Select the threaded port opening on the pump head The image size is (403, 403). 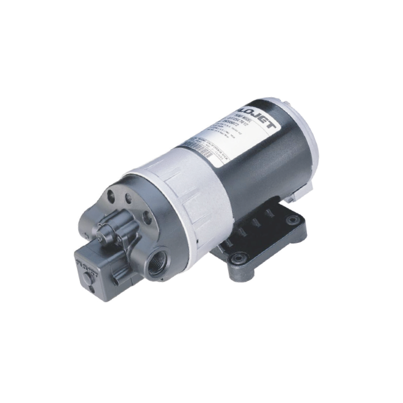[155, 265]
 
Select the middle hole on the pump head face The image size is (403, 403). [128, 199]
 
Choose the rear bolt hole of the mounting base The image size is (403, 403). [293, 220]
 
